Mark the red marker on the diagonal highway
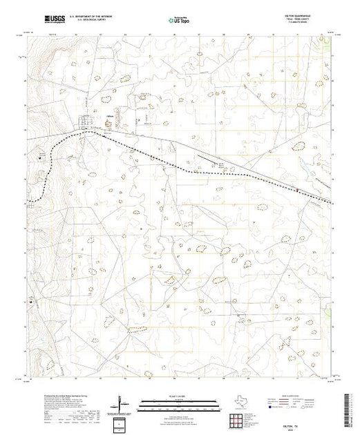pos(297,191)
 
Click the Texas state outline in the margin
pos(236,403)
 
